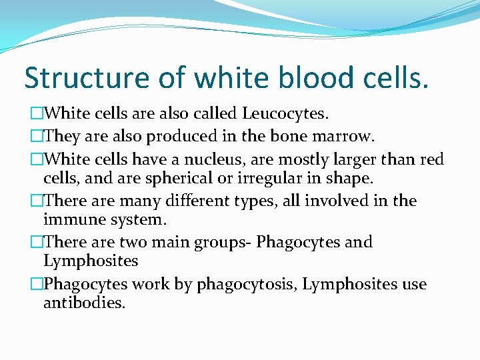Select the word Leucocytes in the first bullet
click(x=285, y=115)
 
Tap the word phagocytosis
click(x=250, y=284)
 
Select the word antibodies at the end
click(x=83, y=303)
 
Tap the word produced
click(x=181, y=137)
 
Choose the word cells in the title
click(x=397, y=78)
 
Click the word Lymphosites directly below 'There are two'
click(x=91, y=261)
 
